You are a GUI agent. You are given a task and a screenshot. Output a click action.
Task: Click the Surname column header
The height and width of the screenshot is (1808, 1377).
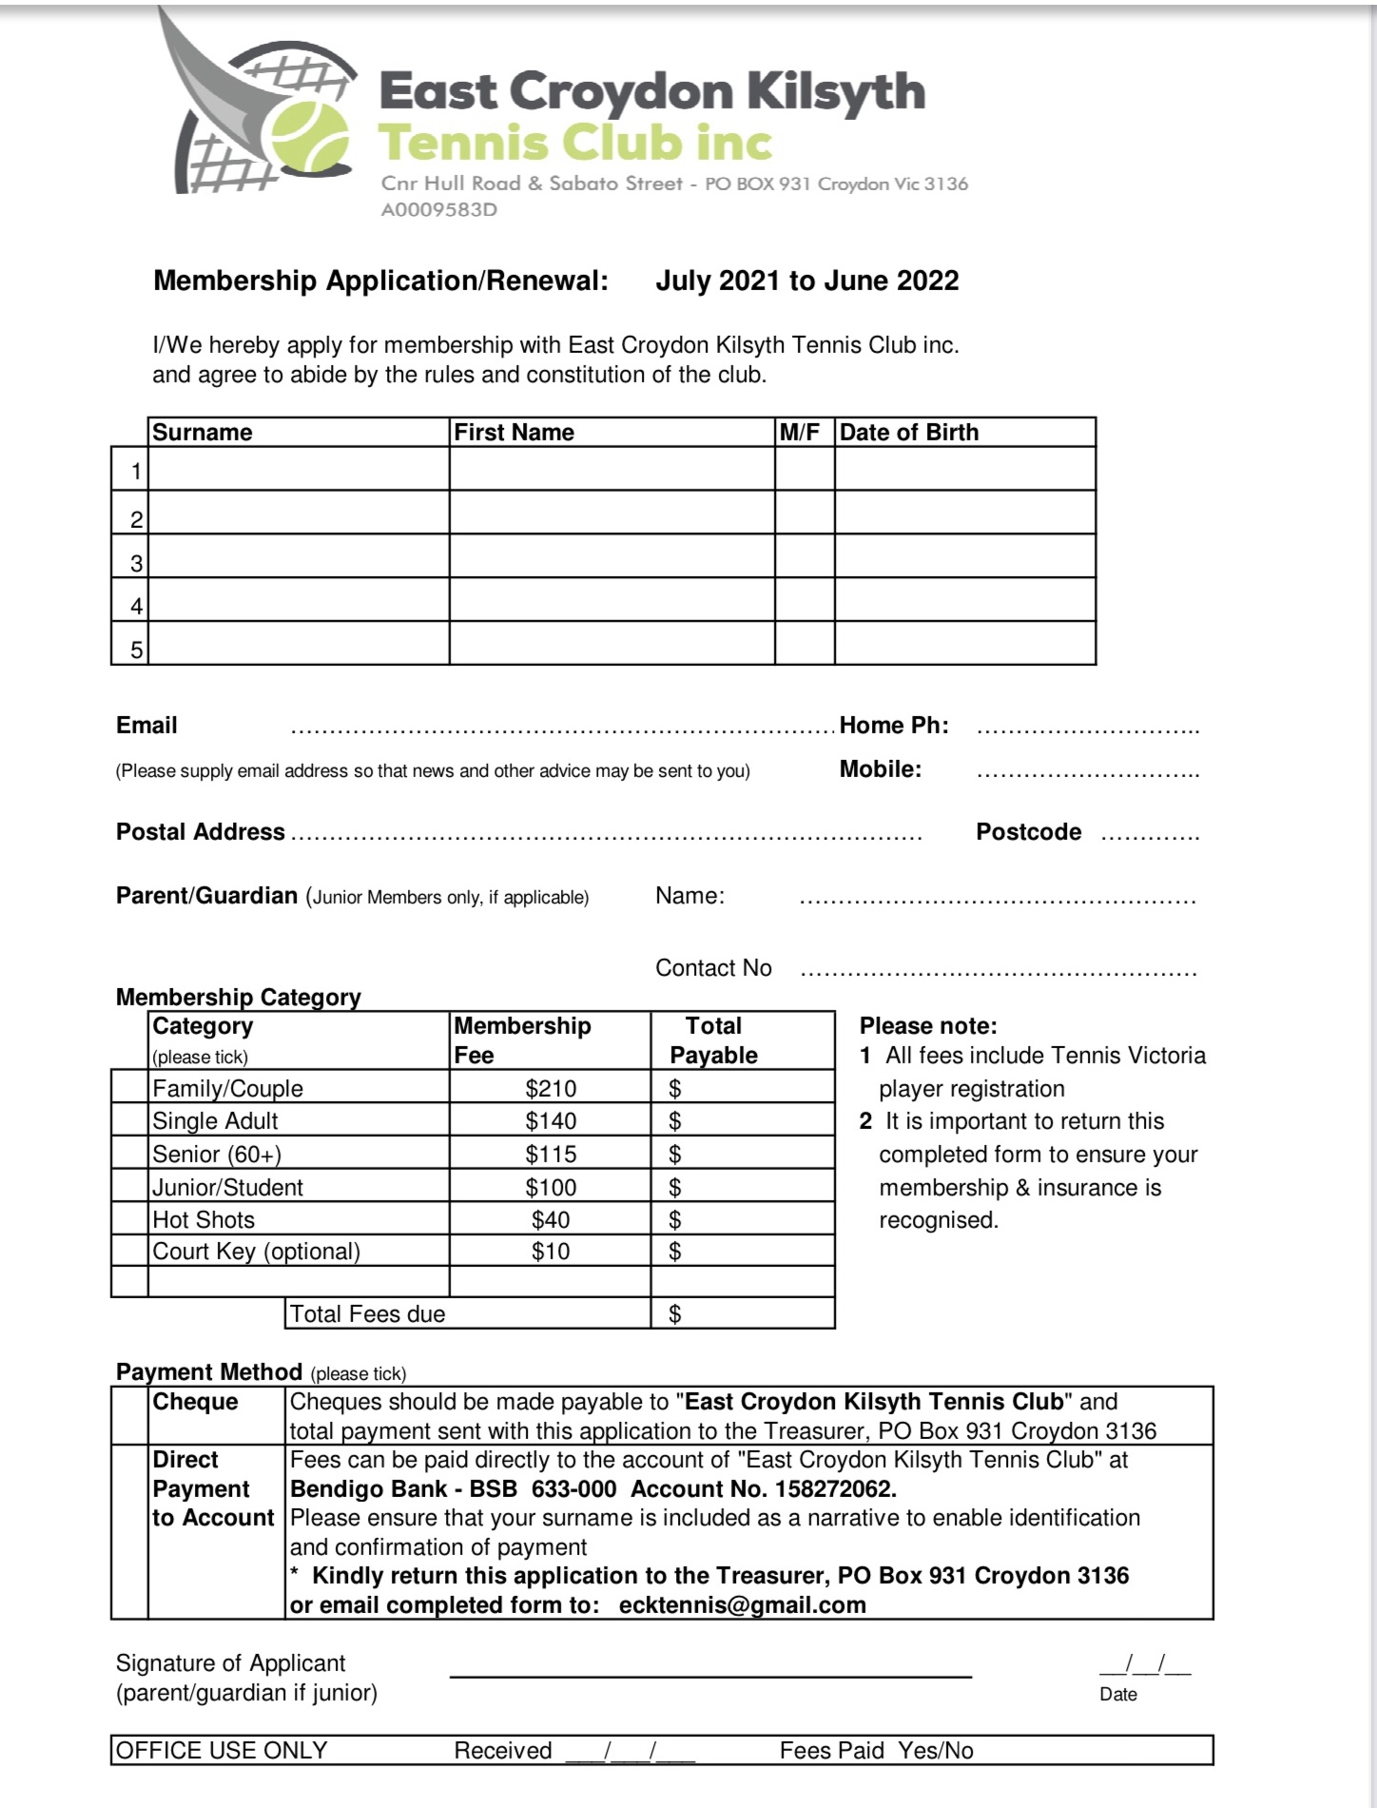coord(203,432)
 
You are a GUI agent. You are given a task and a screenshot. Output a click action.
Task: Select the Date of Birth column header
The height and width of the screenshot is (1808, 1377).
coord(908,432)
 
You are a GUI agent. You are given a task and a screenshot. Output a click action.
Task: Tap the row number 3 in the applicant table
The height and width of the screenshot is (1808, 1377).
coord(136,563)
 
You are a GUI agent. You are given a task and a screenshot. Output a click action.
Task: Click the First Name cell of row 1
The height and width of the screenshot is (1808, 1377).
coord(611,469)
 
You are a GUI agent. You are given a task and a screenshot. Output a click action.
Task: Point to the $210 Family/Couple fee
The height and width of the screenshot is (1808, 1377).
coord(551,1088)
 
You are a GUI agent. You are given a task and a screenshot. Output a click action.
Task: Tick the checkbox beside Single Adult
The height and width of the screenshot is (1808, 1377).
coord(129,1120)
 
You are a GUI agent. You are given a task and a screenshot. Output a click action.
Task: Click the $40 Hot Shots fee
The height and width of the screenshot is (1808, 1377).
coord(551,1219)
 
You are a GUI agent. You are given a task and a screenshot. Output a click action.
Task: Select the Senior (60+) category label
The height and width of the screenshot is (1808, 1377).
coord(217,1154)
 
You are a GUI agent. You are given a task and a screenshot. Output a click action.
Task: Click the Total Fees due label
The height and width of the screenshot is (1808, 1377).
coord(367,1313)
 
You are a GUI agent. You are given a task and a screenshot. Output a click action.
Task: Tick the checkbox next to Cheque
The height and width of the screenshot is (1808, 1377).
coord(129,1415)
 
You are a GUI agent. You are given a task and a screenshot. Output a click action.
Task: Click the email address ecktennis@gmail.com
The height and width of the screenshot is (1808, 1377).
coord(742,1604)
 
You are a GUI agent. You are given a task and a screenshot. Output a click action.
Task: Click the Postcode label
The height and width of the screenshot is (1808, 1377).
coord(1028,832)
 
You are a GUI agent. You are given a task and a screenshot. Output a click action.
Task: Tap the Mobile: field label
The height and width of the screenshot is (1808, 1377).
coord(880,769)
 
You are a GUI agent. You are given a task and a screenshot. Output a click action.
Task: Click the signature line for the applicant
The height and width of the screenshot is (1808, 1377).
coord(709,1674)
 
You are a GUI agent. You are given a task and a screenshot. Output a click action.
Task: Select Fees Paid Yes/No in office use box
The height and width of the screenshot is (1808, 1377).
coord(876,1750)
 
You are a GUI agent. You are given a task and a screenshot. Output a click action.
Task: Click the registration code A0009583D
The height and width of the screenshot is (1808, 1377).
coord(438,209)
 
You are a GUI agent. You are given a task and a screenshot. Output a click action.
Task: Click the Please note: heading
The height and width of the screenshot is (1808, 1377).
coord(927,1025)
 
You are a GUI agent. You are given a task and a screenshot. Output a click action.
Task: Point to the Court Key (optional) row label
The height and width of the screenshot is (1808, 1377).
coord(256,1251)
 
